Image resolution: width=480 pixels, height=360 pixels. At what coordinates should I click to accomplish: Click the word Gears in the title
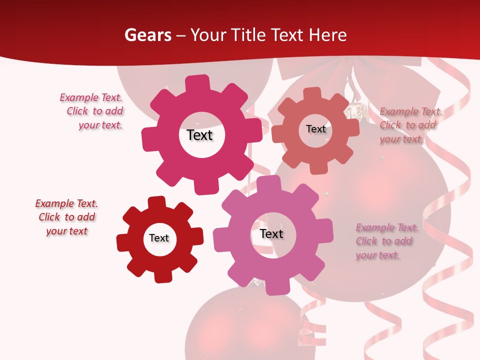(x=147, y=35)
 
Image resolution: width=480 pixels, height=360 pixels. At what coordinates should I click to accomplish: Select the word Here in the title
(x=327, y=35)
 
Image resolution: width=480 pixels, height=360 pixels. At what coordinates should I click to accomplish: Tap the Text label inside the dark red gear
(x=159, y=238)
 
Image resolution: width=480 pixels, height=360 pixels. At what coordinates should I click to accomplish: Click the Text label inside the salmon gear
(x=315, y=129)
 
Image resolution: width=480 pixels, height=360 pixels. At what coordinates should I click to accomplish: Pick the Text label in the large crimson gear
(x=199, y=135)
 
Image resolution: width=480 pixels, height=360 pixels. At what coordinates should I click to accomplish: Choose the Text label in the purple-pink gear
(x=271, y=233)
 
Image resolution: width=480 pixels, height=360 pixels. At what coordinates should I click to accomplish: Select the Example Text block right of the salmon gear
(x=410, y=125)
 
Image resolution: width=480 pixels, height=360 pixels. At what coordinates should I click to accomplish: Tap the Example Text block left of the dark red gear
(x=66, y=217)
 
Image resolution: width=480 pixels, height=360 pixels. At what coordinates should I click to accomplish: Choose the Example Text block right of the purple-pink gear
(x=386, y=241)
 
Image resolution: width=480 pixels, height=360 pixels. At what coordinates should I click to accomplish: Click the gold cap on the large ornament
(x=355, y=110)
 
